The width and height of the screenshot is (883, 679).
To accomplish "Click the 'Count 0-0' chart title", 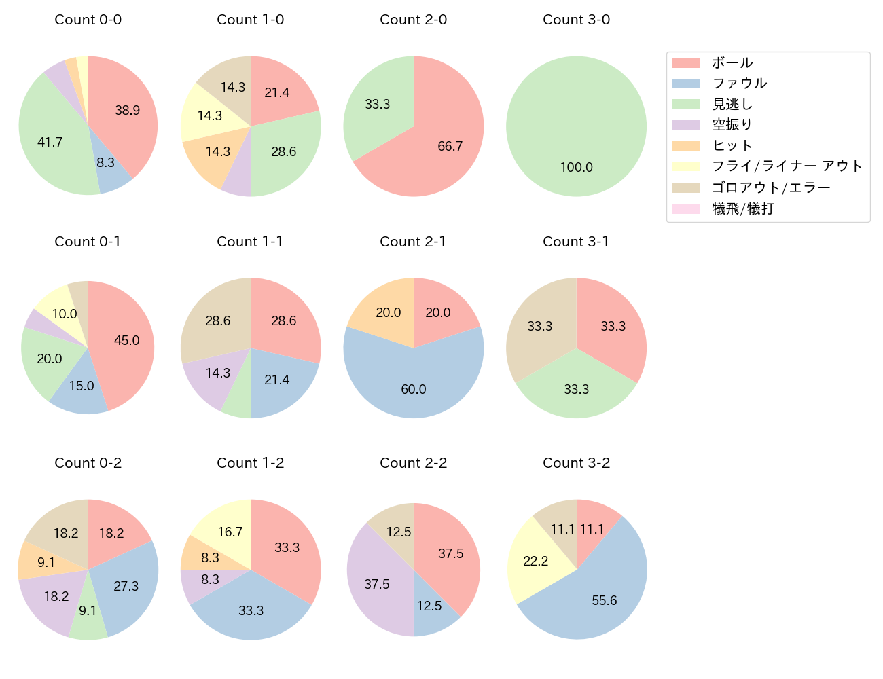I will click(x=88, y=20).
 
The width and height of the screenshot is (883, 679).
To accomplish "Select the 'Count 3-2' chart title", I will click(x=576, y=463).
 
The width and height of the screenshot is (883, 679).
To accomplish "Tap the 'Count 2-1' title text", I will click(x=413, y=242).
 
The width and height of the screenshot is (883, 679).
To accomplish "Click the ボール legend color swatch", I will click(x=685, y=62).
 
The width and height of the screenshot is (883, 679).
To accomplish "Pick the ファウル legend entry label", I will click(x=739, y=84).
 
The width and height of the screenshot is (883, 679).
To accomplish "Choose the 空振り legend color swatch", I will click(x=685, y=125).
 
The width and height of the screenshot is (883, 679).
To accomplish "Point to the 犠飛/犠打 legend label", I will click(x=742, y=208).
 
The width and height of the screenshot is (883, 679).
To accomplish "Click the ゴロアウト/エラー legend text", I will click(x=771, y=187).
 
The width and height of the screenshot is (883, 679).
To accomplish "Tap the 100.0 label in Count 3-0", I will click(x=576, y=167).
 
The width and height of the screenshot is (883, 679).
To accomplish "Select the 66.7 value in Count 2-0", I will click(x=450, y=146).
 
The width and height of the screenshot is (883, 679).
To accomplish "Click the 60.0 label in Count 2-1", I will click(x=413, y=389).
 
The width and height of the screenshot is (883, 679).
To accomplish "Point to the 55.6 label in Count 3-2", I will click(x=604, y=600).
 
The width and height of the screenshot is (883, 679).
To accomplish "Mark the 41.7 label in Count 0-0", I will click(x=50, y=142).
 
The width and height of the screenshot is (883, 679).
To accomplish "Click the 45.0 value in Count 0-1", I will click(x=126, y=340).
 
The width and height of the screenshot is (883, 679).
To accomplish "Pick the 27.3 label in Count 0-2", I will click(x=126, y=586).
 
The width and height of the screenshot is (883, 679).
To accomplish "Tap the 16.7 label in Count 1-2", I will click(x=230, y=532).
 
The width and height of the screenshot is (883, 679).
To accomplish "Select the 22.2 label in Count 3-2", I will click(x=535, y=561).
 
